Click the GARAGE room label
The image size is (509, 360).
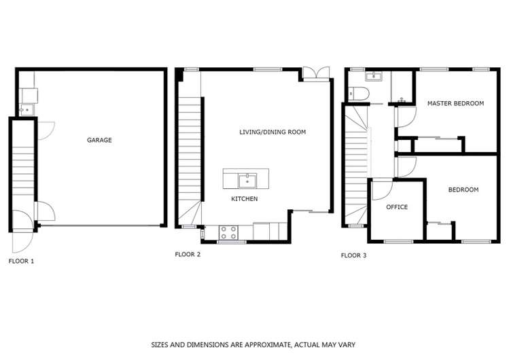click(x=99, y=140)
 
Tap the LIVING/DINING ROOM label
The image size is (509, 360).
click(x=268, y=132)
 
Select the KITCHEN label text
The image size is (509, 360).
click(x=244, y=198)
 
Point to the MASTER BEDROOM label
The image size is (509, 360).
click(x=455, y=103)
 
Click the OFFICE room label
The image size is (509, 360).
click(x=397, y=207)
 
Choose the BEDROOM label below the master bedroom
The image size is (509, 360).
click(x=463, y=190)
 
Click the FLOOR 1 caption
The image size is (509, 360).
click(x=21, y=260)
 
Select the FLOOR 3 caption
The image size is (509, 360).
click(x=353, y=255)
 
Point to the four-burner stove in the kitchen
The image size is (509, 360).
click(x=228, y=232)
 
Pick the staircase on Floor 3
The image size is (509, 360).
click(x=356, y=170)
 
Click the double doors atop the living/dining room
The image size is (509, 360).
click(x=316, y=75)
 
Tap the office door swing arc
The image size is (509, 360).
click(x=378, y=190)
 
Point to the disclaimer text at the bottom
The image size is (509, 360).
click(x=253, y=344)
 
